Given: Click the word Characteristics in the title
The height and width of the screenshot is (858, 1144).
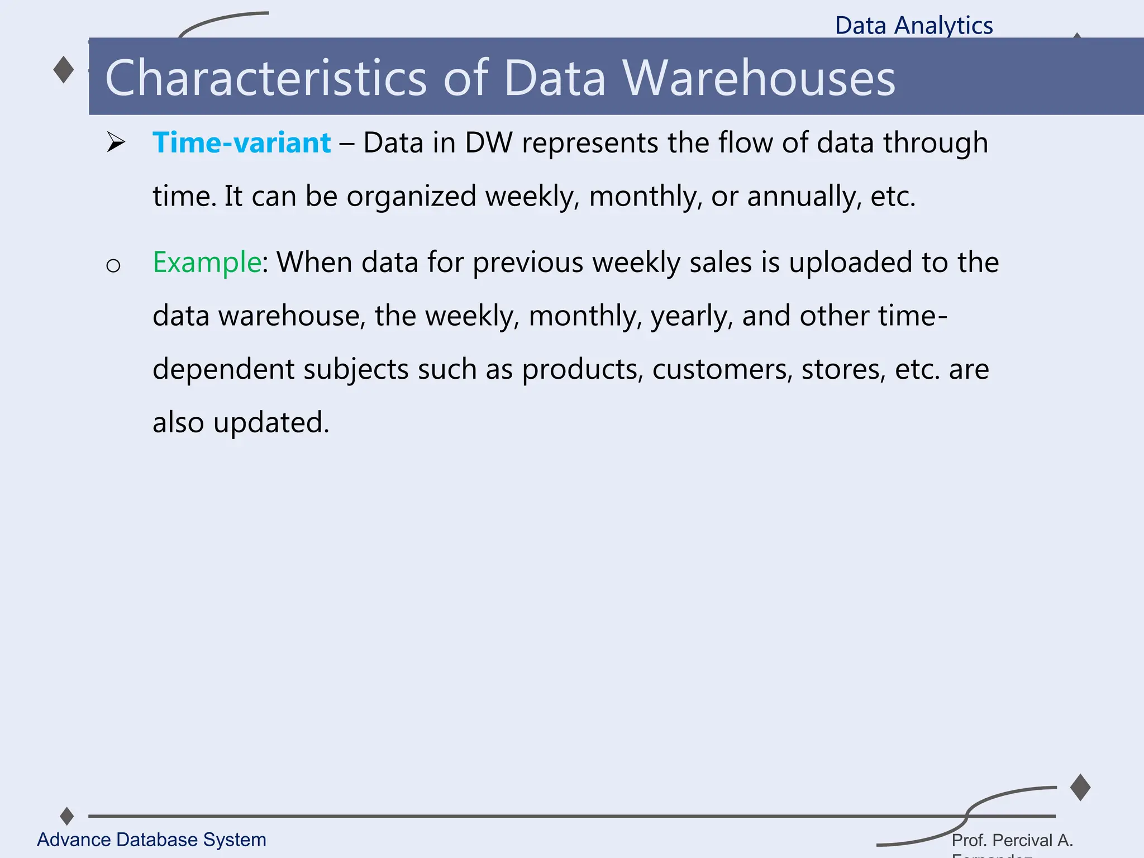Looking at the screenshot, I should point(266,78).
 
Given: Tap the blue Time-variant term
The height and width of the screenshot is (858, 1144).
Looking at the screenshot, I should point(241,143).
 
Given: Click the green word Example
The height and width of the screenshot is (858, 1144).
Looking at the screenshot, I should point(207,263).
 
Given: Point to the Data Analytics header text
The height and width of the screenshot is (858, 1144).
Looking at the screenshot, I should point(914,26).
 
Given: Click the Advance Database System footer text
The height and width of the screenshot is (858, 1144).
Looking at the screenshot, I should point(151,840).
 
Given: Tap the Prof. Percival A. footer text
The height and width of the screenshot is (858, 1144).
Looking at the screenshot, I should point(1012,840).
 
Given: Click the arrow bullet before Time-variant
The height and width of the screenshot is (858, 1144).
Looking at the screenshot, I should point(116,143).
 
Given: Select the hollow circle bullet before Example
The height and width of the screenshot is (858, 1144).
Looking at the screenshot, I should point(113,266).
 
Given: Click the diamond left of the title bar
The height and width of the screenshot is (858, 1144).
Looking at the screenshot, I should point(64,70).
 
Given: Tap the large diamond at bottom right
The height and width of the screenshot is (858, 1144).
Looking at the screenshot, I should point(1080,788).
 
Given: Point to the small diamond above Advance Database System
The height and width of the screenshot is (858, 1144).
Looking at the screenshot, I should point(67,816).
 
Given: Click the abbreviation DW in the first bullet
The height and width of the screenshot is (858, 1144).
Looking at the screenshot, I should point(488,143).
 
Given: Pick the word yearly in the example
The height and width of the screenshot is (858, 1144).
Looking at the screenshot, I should point(691,317).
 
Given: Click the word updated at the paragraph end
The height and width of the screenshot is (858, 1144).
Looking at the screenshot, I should point(271,423).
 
